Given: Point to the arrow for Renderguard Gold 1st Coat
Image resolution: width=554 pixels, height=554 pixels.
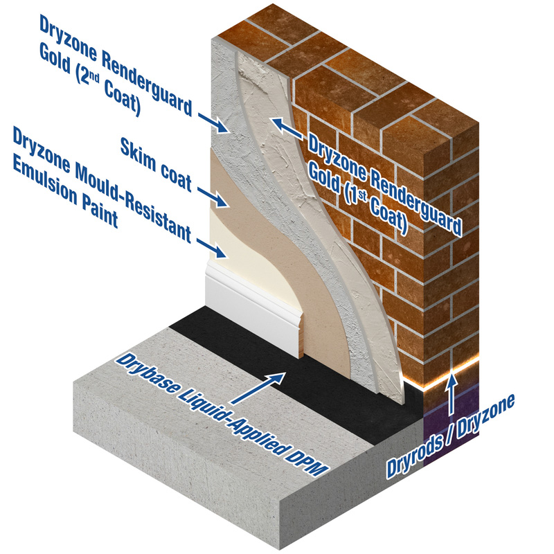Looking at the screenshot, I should coord(284,128).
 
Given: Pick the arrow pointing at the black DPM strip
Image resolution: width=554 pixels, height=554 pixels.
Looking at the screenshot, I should coord(271,385).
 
